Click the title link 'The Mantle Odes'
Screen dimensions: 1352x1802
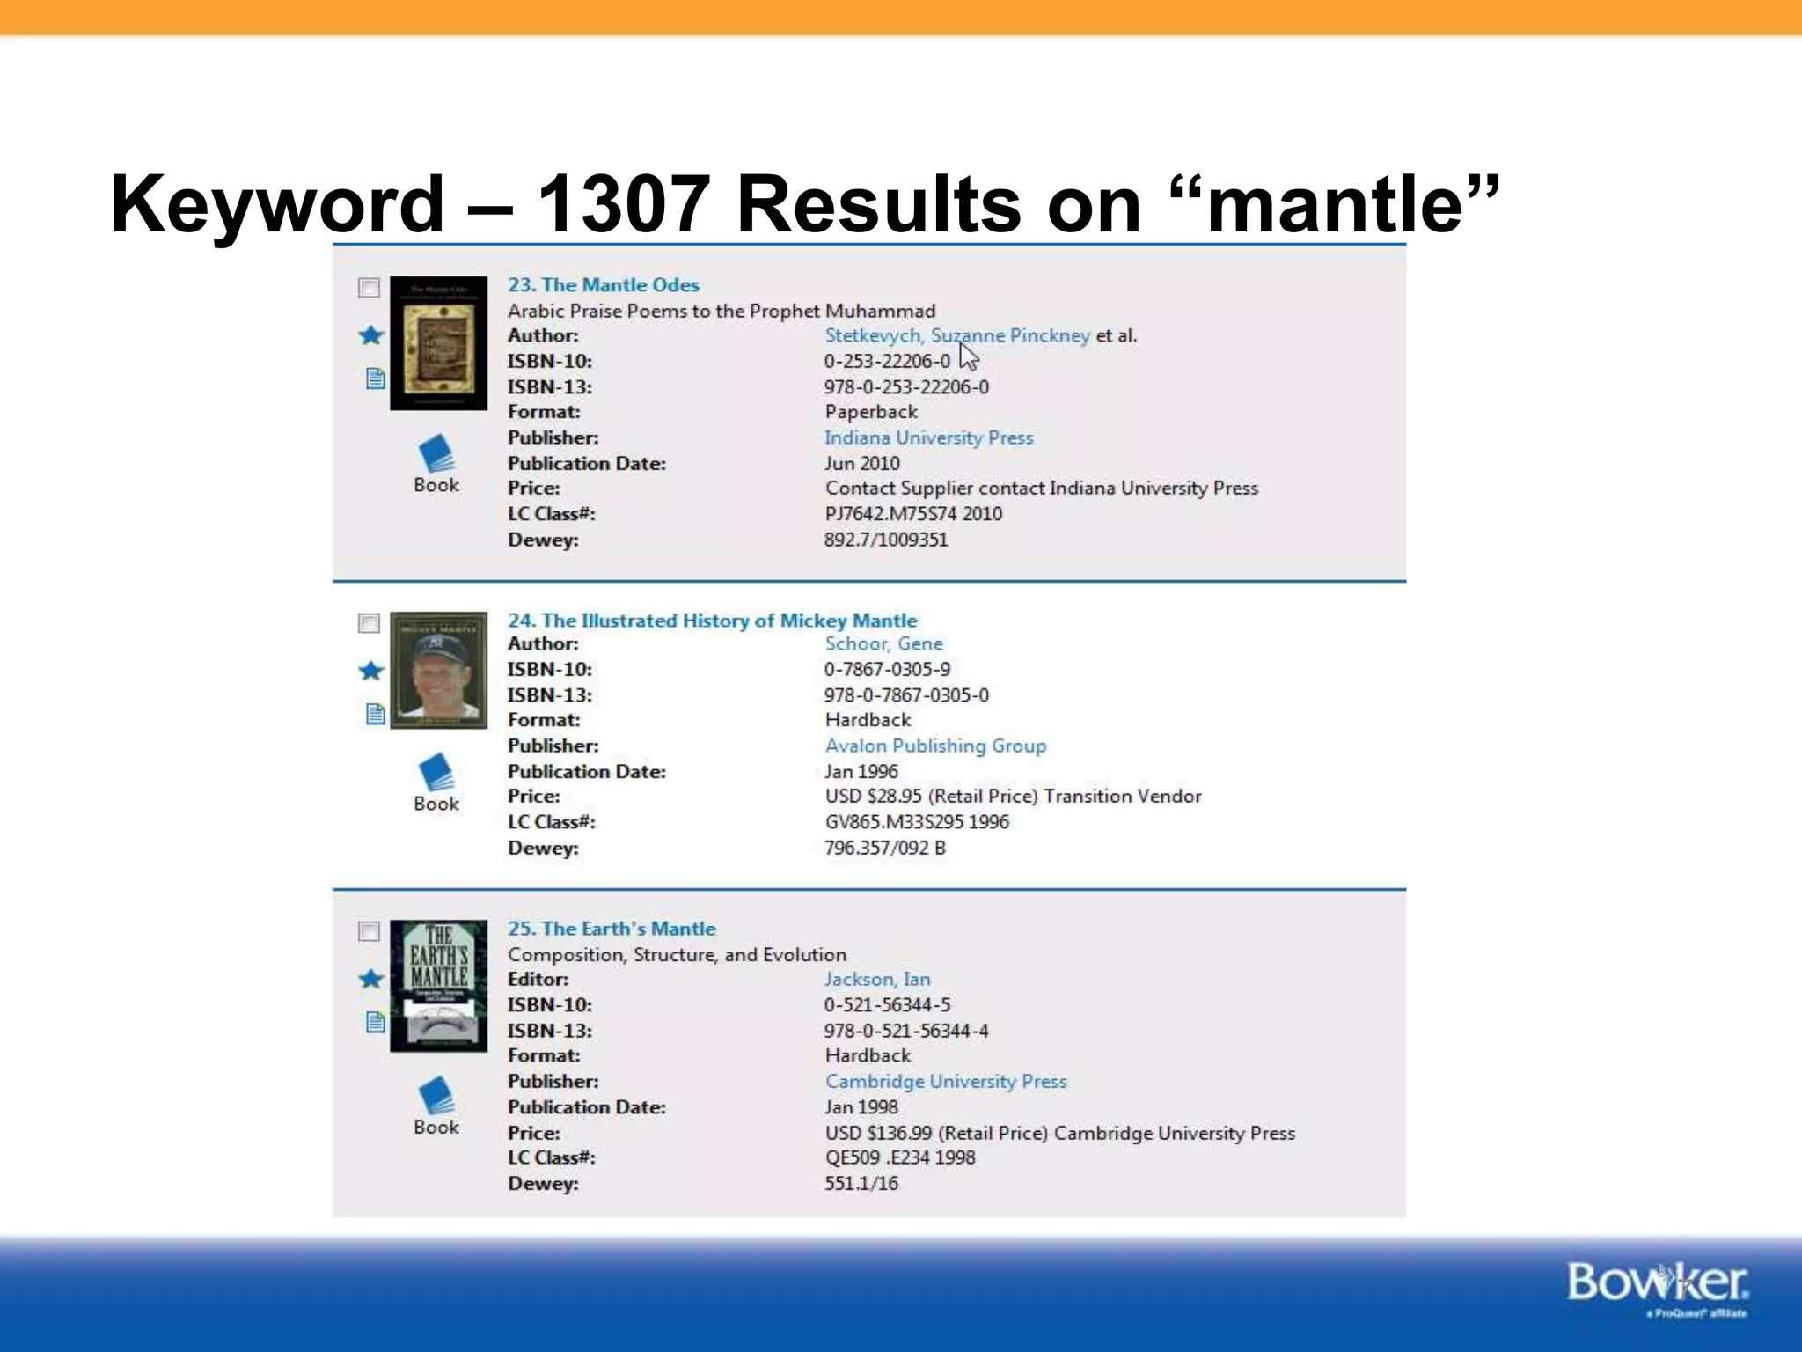coord(604,285)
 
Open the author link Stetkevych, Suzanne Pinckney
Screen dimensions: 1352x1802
coord(957,335)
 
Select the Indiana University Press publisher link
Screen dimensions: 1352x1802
coord(928,437)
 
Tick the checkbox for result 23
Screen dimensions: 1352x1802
coord(369,288)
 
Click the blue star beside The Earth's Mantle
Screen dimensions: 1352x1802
coord(371,979)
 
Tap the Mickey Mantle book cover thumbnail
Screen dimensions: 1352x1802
coord(438,670)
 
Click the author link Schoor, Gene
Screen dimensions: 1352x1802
coord(883,643)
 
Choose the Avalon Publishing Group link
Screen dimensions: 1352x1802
coord(935,746)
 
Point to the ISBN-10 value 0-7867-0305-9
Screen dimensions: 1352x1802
coord(887,669)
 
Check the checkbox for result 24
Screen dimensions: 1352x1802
coord(369,623)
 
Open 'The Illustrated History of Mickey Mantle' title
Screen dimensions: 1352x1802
coord(713,621)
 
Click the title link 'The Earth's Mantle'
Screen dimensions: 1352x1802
coord(612,929)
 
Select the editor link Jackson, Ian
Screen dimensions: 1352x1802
coord(877,979)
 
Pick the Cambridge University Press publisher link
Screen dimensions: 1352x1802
coord(946,1081)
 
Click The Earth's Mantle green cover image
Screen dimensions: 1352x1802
coord(438,986)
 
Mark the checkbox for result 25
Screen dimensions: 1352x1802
coord(369,931)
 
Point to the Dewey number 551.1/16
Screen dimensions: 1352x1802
coord(861,1183)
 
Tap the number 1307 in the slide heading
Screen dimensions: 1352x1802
coord(623,204)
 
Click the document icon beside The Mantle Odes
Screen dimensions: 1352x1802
coord(375,378)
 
